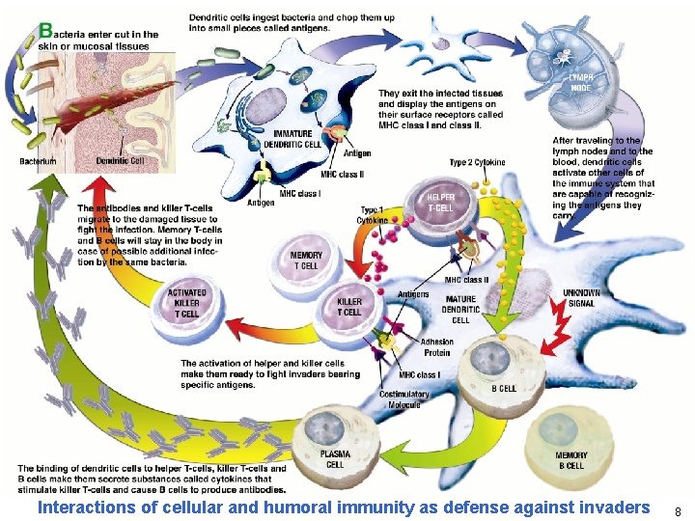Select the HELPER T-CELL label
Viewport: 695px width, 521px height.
tap(442, 203)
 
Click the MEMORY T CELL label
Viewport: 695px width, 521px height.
tap(306, 260)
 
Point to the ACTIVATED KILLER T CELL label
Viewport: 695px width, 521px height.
tap(186, 302)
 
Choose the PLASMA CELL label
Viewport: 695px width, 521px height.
tap(335, 458)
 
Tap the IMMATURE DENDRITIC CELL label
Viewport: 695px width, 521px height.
tap(297, 138)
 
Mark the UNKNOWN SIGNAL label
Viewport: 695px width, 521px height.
tap(582, 298)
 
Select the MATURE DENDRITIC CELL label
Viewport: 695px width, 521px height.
tap(460, 310)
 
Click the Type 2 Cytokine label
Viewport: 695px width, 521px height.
tap(477, 162)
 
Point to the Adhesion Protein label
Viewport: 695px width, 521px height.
tap(436, 346)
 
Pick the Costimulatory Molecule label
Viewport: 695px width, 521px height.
tap(403, 399)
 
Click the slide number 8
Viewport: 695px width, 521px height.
tap(678, 511)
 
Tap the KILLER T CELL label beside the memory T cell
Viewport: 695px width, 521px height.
tap(348, 307)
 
